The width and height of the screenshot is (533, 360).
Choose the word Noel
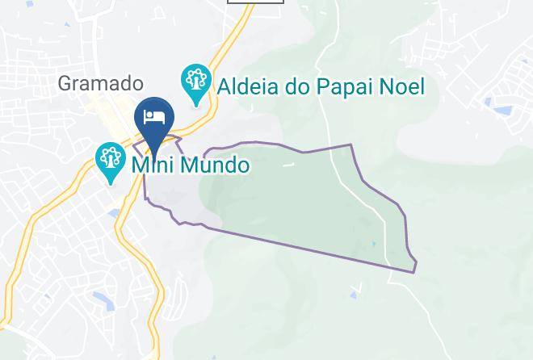point(402,86)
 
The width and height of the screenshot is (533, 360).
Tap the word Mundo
point(214,165)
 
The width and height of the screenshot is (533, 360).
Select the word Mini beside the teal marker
point(152,165)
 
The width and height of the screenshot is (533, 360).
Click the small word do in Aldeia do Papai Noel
point(299,86)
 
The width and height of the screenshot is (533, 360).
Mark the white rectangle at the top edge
point(255,2)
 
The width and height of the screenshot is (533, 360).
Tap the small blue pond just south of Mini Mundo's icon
point(116,213)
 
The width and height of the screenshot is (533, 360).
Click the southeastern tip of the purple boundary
point(414,271)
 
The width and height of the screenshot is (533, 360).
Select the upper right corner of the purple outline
point(350,145)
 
